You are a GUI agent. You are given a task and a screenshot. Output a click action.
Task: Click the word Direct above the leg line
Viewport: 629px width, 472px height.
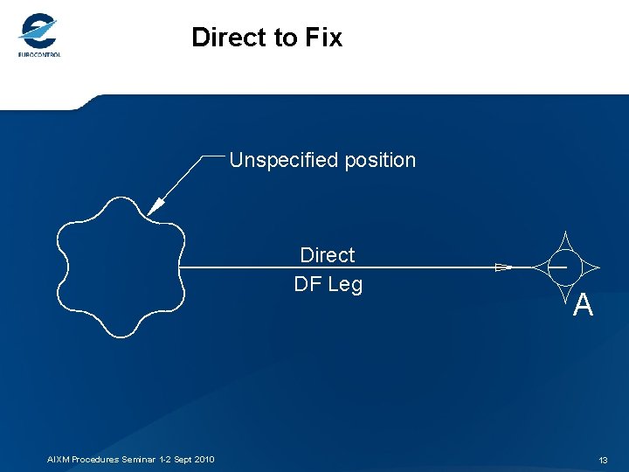(328, 255)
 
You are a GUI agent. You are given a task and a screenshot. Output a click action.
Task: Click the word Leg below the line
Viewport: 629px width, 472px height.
(345, 285)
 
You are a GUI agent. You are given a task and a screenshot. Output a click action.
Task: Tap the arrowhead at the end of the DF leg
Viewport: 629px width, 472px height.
(503, 267)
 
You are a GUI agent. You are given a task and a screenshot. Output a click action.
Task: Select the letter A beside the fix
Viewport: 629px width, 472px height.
(584, 305)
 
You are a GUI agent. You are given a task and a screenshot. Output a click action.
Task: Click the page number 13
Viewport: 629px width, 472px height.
(603, 460)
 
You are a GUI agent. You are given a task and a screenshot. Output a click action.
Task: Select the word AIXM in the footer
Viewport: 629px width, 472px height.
(59, 460)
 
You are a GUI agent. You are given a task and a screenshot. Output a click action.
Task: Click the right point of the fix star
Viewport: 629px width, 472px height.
(599, 267)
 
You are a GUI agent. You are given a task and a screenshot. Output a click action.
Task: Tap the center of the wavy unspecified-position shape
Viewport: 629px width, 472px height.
(120, 267)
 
